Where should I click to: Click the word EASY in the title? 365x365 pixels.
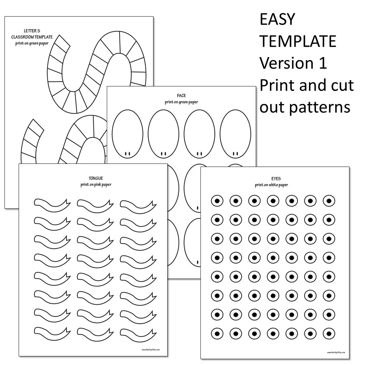click(277, 20)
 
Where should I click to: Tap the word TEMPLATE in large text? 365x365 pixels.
click(298, 41)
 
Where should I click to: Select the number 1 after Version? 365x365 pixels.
click(322, 63)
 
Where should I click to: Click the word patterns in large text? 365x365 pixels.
click(319, 107)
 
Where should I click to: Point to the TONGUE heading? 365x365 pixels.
click(96, 178)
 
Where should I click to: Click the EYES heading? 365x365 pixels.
click(276, 179)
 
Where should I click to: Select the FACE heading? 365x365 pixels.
click(181, 96)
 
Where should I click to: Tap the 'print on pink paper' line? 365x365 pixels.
click(96, 185)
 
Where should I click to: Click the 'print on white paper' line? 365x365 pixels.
click(271, 185)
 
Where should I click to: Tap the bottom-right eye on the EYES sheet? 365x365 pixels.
click(329, 334)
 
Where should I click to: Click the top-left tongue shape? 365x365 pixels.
click(52, 205)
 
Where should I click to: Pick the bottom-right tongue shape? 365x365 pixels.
click(138, 333)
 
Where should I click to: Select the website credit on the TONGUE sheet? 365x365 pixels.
click(151, 349)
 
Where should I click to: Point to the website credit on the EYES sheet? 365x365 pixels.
click(336, 353)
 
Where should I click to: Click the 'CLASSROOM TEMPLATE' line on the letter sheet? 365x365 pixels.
click(32, 37)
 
